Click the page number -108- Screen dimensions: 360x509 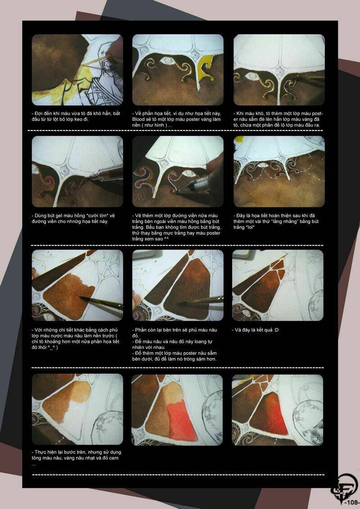[351, 503]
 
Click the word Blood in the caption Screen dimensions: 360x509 [139, 120]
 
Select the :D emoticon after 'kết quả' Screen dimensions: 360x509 [276, 330]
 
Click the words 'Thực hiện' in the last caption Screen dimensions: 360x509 [45, 452]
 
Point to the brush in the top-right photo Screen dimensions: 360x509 [308, 79]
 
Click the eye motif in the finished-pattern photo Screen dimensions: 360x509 [264, 165]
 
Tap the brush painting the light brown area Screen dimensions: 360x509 [101, 303]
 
